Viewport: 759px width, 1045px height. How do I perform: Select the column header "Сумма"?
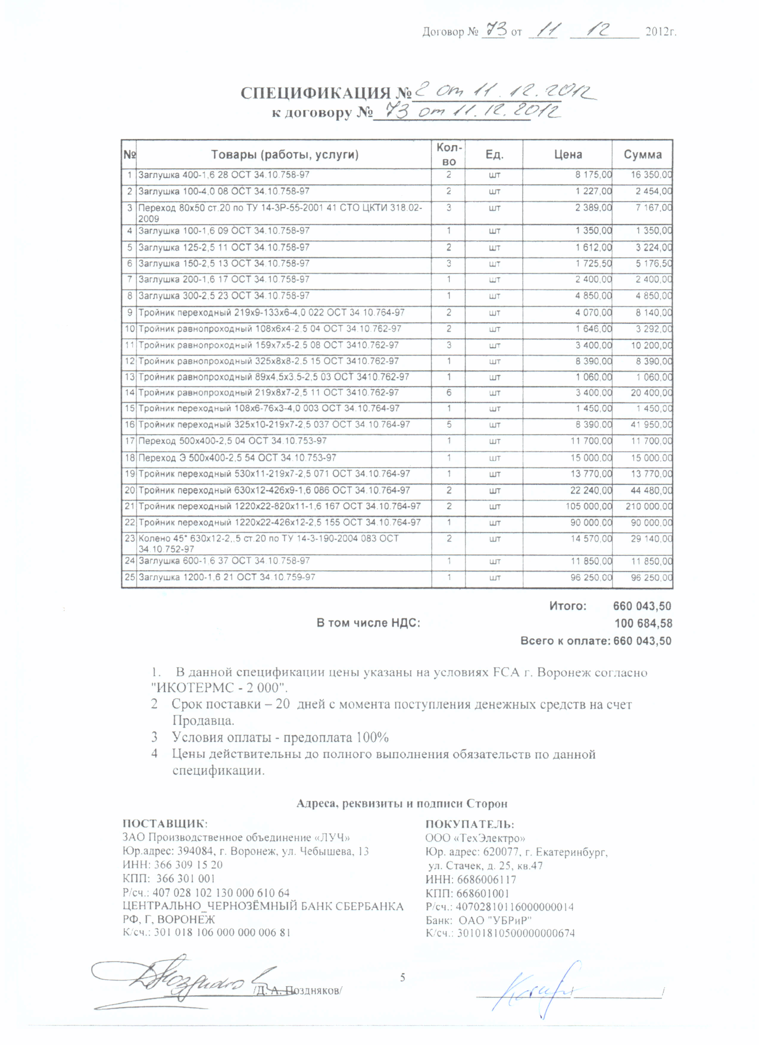tap(643, 154)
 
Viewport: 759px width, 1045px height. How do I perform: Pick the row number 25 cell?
tap(129, 577)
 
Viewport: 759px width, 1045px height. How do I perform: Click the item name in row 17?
tap(232, 441)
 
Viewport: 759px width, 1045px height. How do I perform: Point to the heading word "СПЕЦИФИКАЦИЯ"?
tap(316, 93)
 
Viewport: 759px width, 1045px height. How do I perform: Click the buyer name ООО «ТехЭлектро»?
tap(475, 838)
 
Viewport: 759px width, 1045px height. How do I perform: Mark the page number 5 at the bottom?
tap(402, 977)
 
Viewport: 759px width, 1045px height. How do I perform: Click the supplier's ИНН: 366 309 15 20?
tap(172, 865)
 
